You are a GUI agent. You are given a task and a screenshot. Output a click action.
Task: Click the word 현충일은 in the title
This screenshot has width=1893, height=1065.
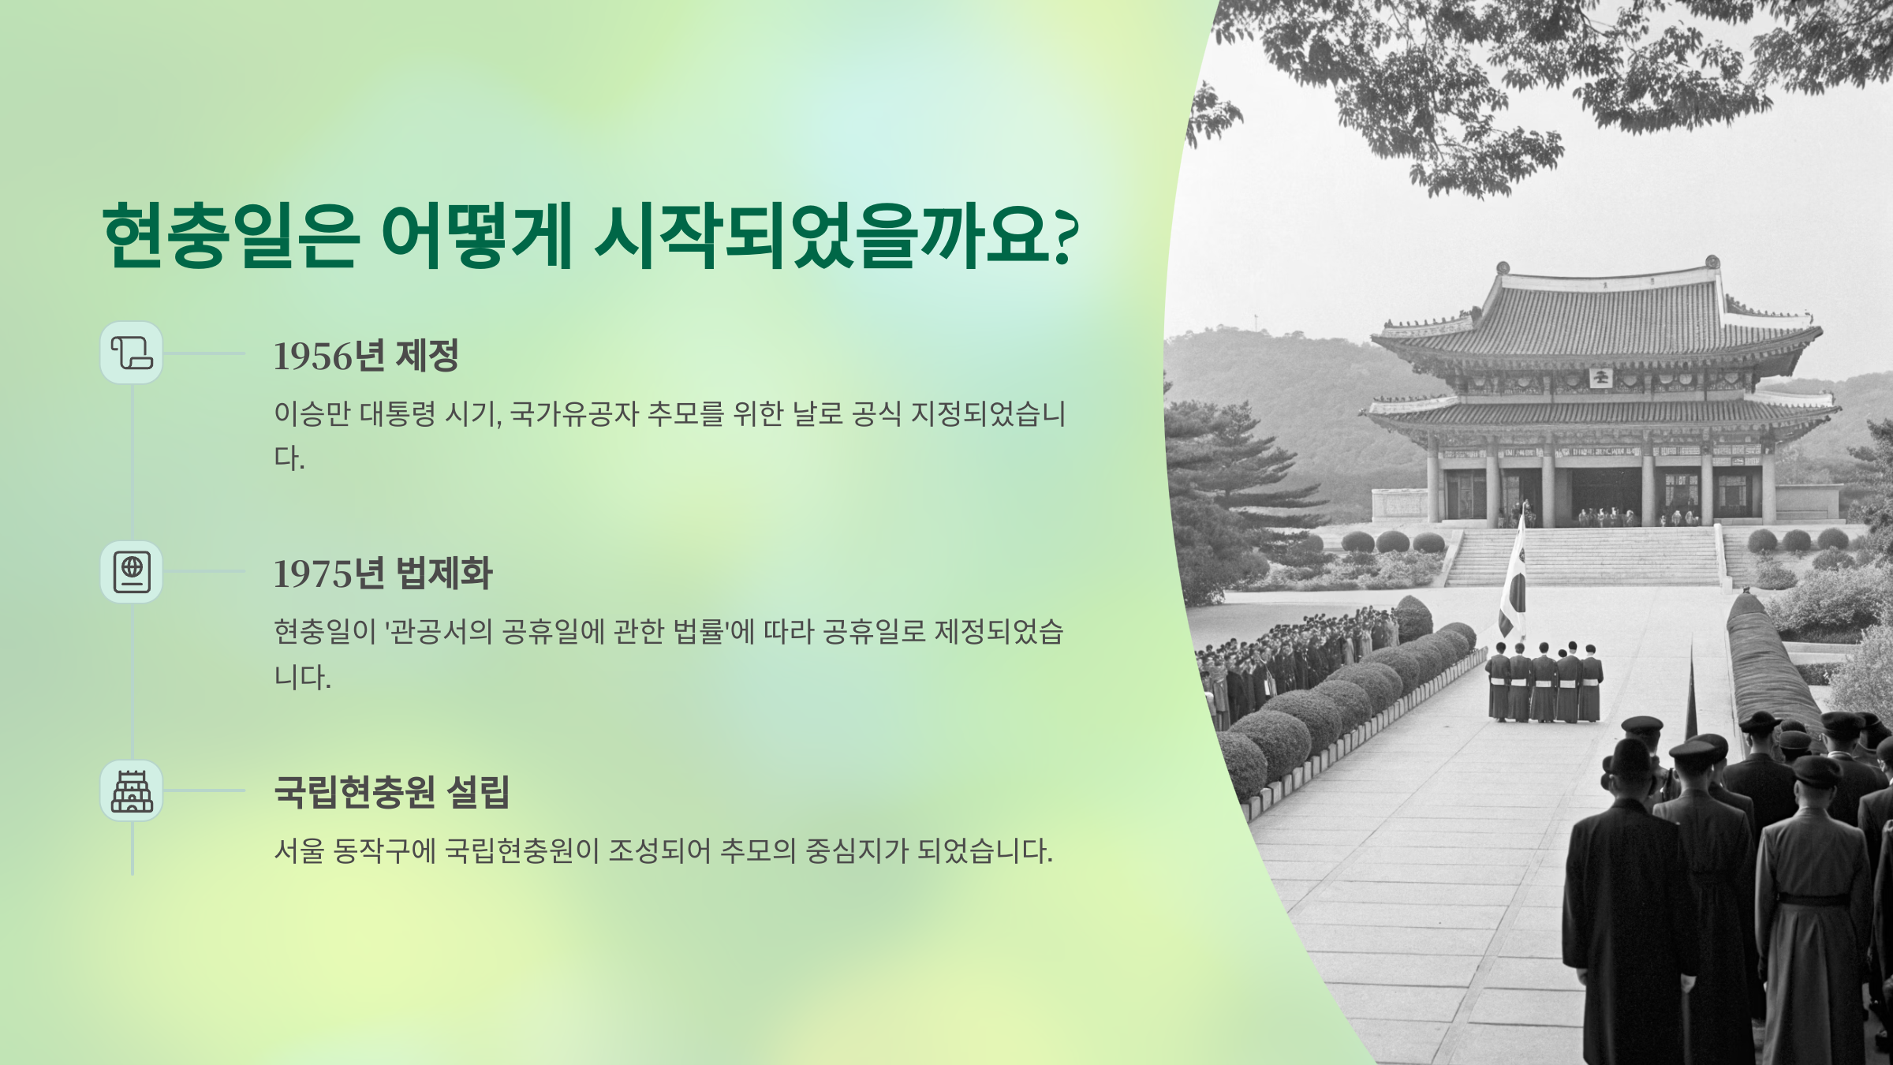tap(231, 235)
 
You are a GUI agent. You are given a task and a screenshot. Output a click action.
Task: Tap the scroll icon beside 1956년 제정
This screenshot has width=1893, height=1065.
tap(132, 353)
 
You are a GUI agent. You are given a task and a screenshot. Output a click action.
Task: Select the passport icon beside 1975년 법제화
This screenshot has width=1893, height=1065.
tap(132, 571)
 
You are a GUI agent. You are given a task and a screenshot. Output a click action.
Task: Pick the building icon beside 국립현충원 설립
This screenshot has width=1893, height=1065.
tap(132, 790)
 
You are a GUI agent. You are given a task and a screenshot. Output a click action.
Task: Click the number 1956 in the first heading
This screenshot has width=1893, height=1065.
tap(312, 356)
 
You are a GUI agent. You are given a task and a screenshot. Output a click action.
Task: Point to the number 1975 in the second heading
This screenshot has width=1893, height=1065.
tap(312, 574)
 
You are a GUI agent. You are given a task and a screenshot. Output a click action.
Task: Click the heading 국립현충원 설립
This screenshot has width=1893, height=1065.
tap(392, 791)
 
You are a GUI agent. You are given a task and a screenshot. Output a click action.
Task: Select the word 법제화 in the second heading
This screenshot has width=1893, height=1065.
tap(444, 574)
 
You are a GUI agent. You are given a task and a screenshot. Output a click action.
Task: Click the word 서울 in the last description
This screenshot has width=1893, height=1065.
tap(299, 850)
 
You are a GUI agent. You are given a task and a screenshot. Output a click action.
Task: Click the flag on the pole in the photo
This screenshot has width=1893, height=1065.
tap(1512, 584)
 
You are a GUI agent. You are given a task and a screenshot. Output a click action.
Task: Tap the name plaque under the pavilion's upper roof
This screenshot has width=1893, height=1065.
tap(1600, 377)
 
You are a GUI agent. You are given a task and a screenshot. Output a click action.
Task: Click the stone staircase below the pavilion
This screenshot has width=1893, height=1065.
tap(1584, 556)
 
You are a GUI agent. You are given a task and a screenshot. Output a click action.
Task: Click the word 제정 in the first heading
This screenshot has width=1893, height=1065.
tap(427, 355)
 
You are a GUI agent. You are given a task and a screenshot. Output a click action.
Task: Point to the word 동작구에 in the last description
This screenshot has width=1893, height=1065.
tap(384, 850)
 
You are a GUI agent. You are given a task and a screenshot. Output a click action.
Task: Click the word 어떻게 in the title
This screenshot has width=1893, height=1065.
tap(476, 235)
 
